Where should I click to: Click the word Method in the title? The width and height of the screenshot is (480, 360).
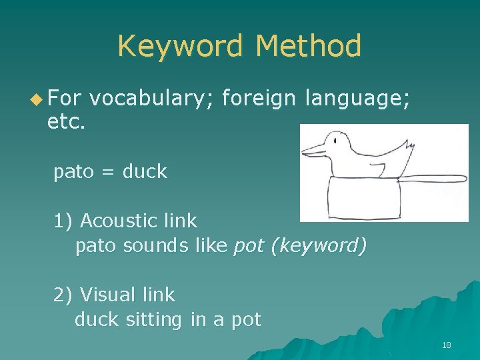308,47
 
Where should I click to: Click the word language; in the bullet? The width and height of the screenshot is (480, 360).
357,99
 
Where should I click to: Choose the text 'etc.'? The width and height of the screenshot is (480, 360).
67,123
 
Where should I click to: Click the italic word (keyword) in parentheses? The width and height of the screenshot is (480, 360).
318,246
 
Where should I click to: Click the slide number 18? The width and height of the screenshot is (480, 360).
446,345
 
